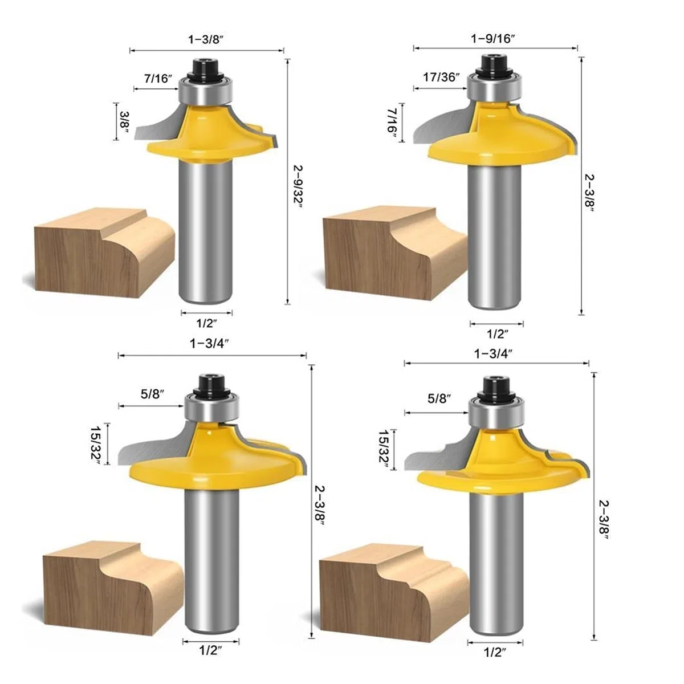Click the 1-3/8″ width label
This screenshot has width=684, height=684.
click(x=206, y=39)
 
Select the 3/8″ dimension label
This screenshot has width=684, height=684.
click(x=124, y=121)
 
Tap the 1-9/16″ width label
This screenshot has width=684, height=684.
click(x=492, y=38)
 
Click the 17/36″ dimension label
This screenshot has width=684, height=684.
click(x=441, y=77)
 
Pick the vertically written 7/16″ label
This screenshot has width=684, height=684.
click(x=392, y=121)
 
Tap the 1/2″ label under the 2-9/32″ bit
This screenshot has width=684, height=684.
click(x=206, y=323)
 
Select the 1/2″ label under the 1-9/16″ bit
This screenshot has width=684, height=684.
click(x=497, y=334)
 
